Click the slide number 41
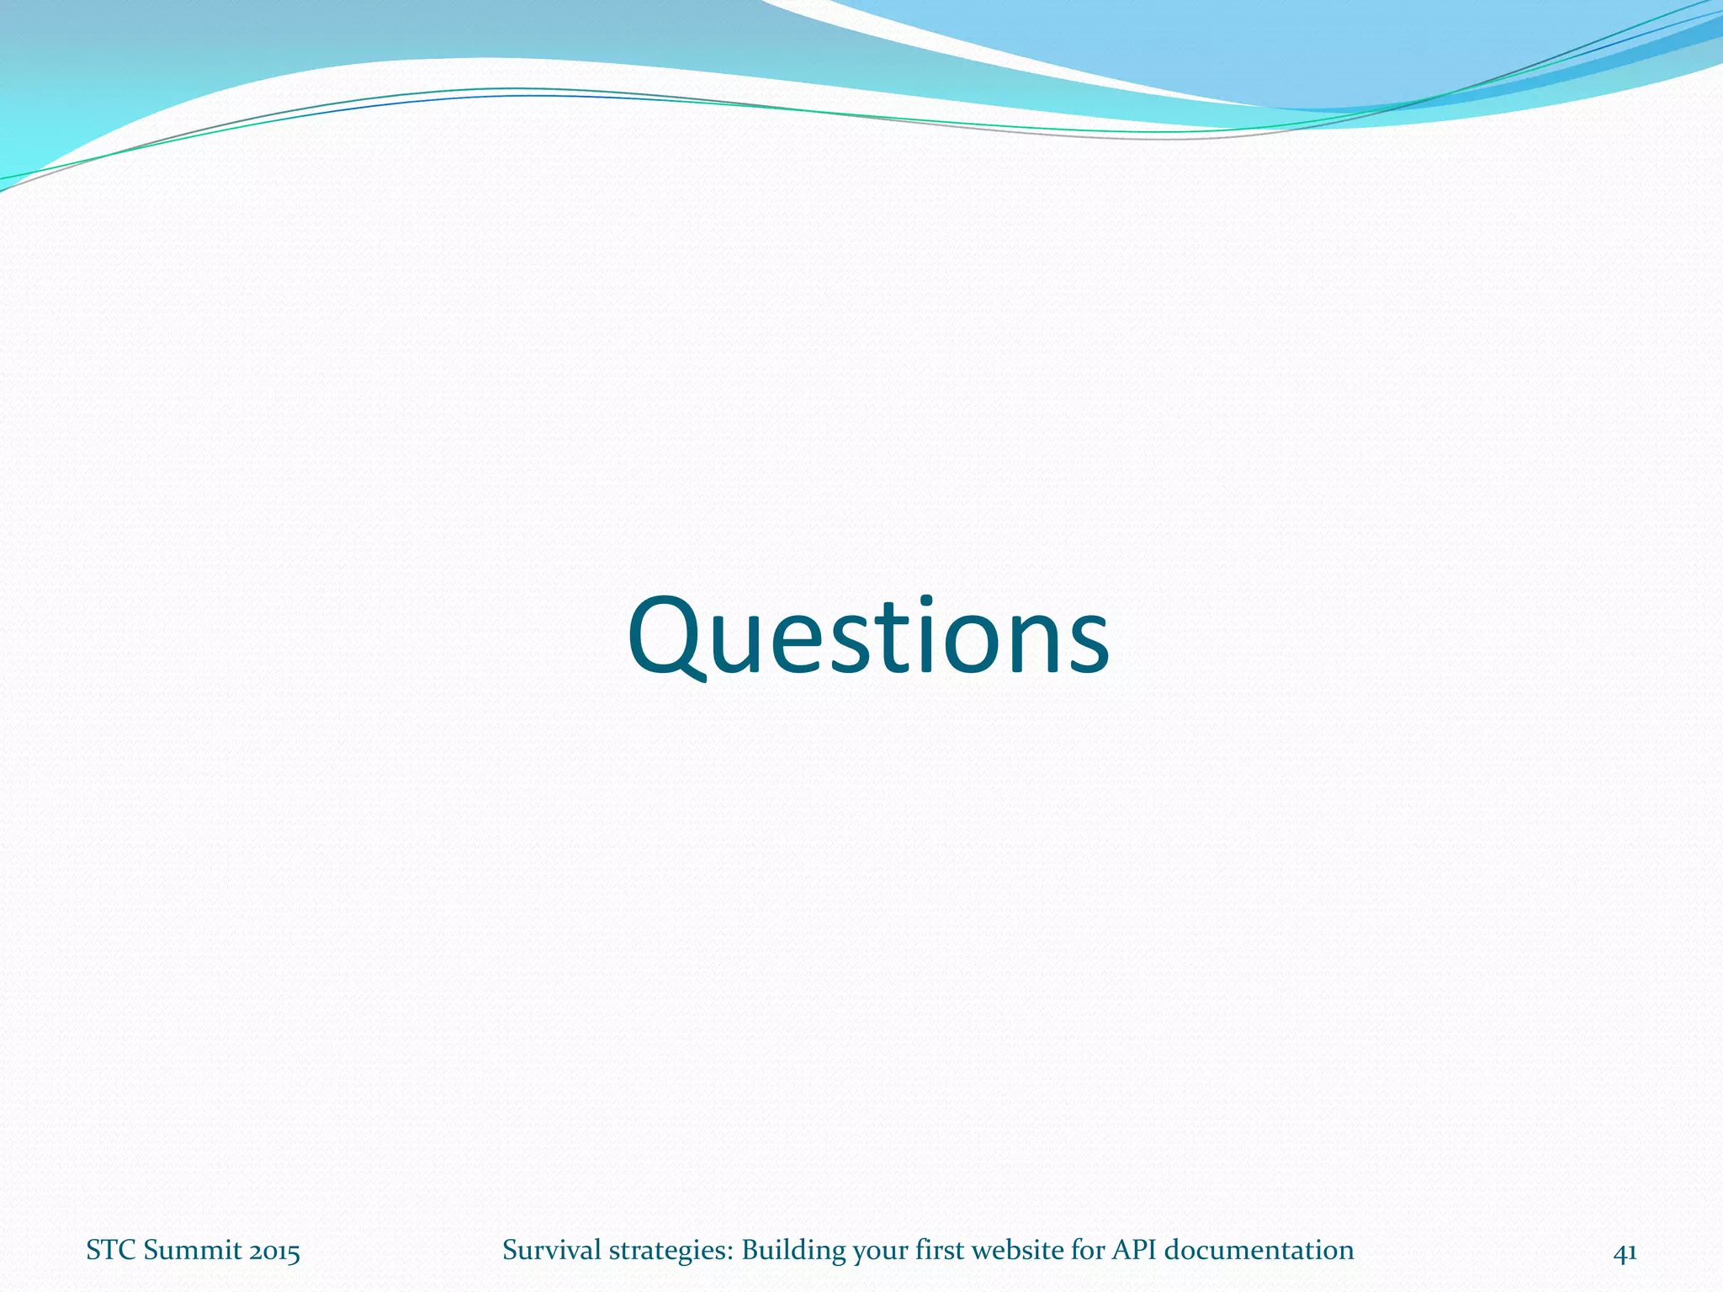coord(1625,1252)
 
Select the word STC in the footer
coord(111,1251)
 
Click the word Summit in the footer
coord(185,1251)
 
